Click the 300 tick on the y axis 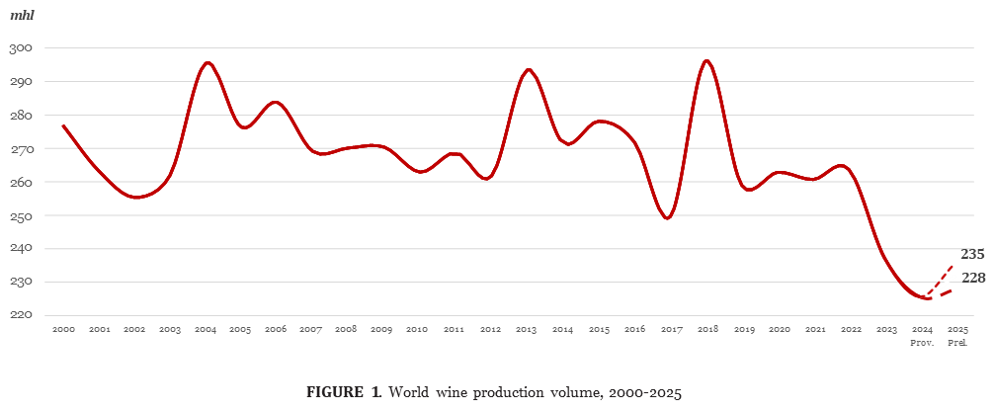[22, 48]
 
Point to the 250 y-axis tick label [22, 215]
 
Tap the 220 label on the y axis [22, 315]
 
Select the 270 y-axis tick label [22, 149]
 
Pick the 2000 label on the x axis [63, 328]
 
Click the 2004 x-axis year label [207, 328]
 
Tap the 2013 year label [528, 328]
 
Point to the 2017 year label [671, 328]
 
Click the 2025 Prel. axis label [956, 334]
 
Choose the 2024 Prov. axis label [922, 334]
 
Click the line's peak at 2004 [207, 62]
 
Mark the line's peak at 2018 [706, 61]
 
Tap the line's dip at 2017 [669, 218]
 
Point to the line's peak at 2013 [528, 69]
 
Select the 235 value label [972, 255]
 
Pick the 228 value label [972, 278]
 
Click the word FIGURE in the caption [335, 392]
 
